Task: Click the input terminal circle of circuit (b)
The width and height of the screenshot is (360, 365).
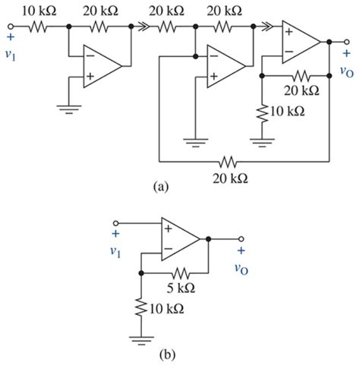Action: click(116, 223)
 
